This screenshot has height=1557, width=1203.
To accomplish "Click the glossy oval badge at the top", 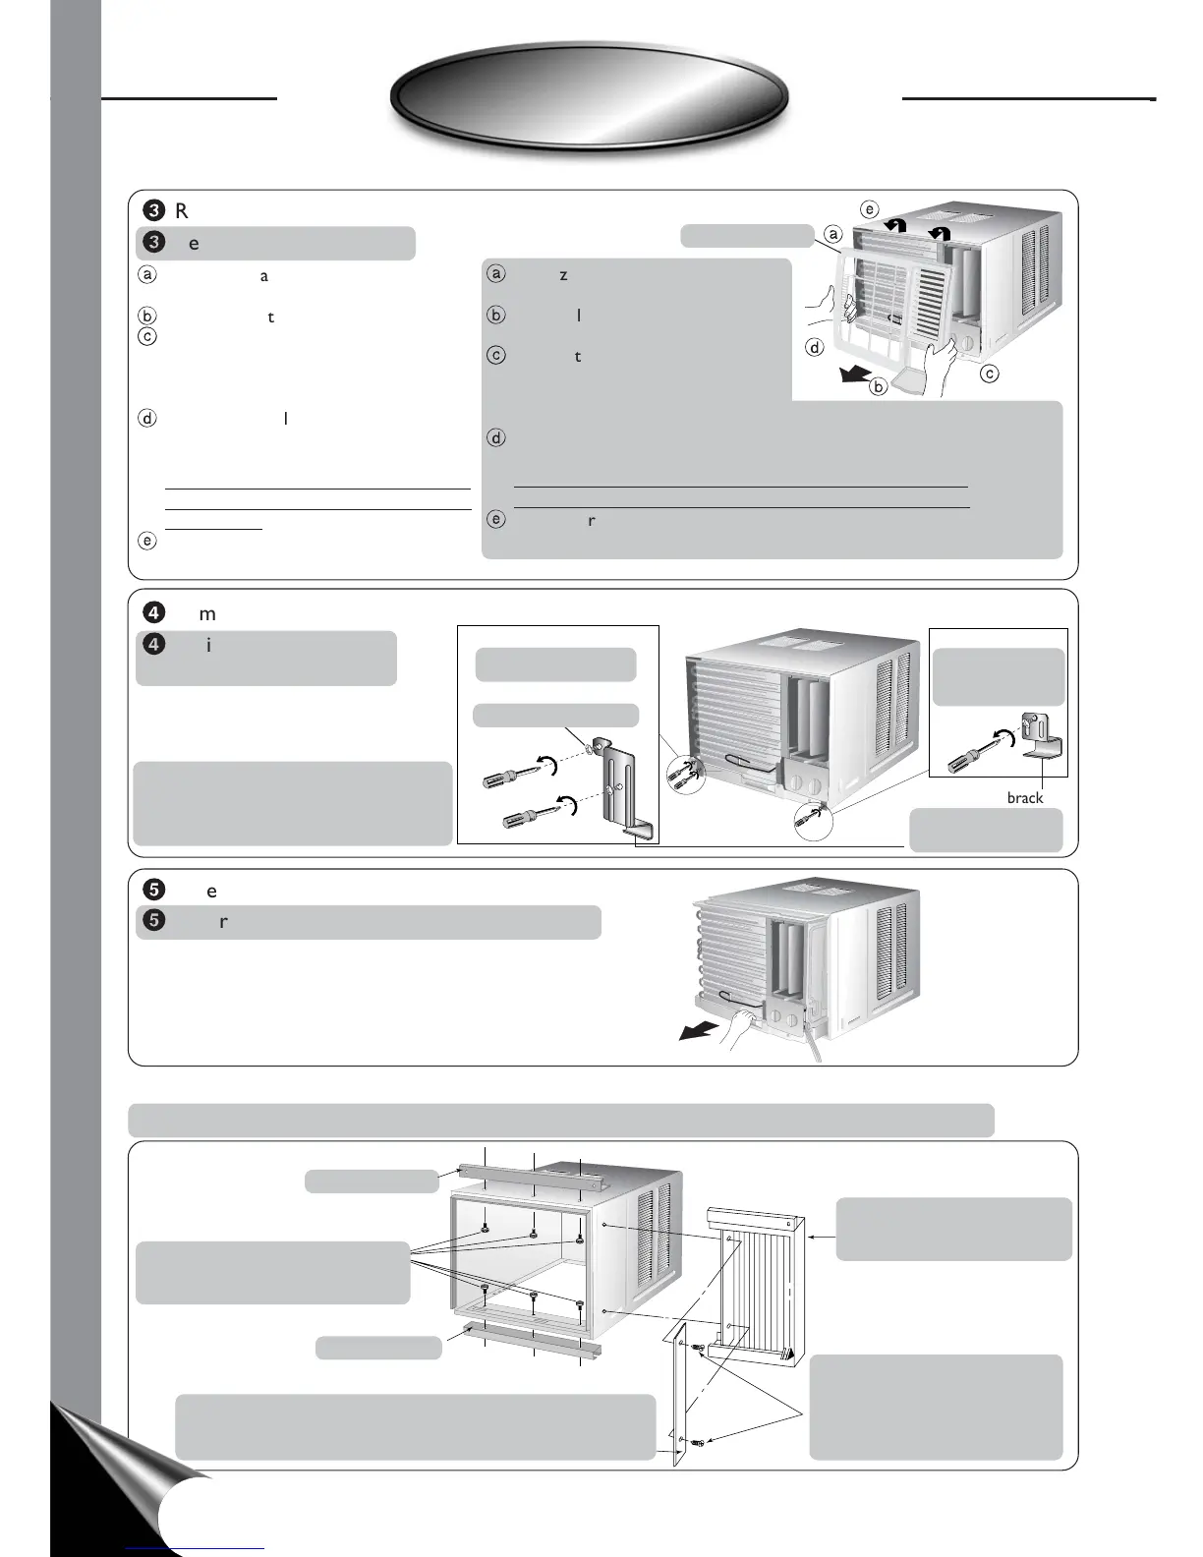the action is click(590, 97).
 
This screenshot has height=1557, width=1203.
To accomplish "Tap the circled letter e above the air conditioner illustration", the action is click(868, 208).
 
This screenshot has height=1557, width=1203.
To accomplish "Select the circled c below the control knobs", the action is click(990, 375).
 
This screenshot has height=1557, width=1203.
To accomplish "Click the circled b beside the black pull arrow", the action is click(878, 386).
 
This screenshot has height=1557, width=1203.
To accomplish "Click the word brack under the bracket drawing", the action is click(1024, 798).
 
